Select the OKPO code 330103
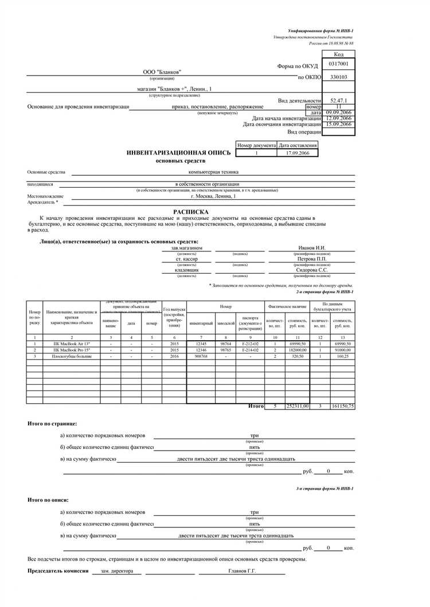tap(338, 76)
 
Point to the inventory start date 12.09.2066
tap(338, 119)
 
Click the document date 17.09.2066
tap(297, 153)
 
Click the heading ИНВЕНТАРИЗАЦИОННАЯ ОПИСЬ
tap(179, 153)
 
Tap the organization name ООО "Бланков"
tap(162, 72)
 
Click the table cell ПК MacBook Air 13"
tap(72, 343)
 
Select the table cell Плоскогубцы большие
tap(72, 356)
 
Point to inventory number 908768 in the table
tap(201, 356)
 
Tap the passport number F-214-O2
tap(250, 350)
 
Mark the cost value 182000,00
tap(298, 350)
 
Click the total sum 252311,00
tap(298, 406)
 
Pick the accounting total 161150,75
tap(342, 406)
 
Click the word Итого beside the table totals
tap(256, 406)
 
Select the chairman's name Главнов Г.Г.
tap(242, 571)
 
